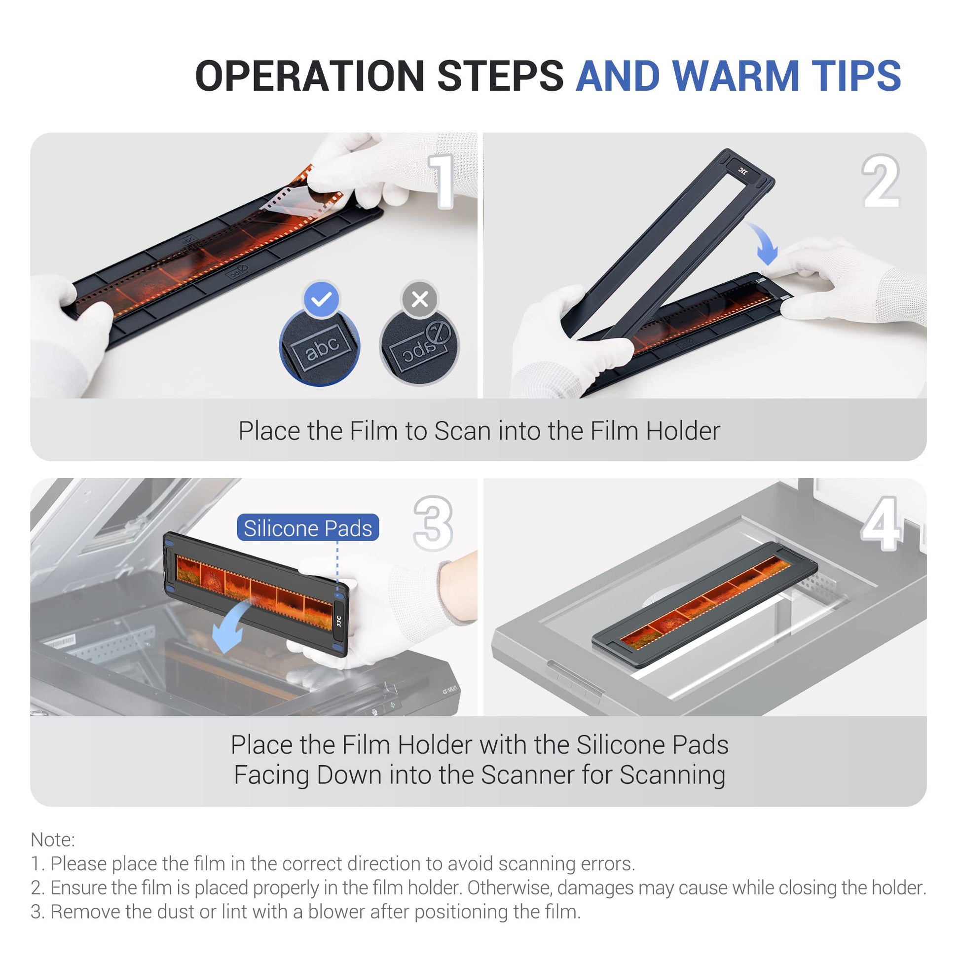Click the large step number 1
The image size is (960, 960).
click(442, 181)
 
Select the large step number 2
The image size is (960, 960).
click(881, 181)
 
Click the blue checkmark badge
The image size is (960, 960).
click(322, 299)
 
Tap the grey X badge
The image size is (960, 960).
click(420, 299)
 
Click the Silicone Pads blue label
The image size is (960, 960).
click(308, 528)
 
